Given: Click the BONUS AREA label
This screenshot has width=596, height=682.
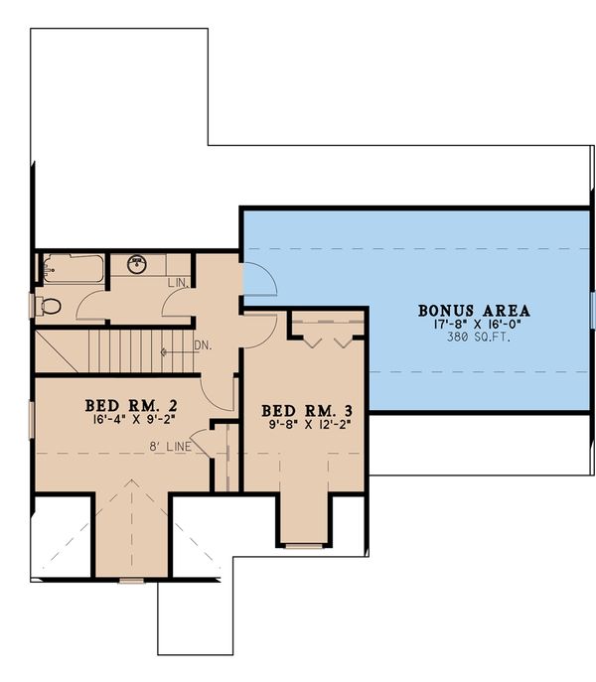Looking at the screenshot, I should (473, 309).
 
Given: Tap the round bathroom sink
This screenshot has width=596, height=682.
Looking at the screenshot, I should (138, 264).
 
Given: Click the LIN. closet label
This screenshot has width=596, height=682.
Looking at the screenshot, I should (178, 284).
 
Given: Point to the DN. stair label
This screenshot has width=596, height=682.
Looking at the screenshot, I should (202, 346).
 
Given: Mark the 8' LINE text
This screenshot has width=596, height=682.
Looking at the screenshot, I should (172, 448).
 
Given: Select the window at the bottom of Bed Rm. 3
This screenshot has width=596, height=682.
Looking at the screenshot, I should (304, 545).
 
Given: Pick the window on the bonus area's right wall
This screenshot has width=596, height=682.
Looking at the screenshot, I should (591, 310).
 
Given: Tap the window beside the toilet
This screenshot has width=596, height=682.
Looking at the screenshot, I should (34, 306).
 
